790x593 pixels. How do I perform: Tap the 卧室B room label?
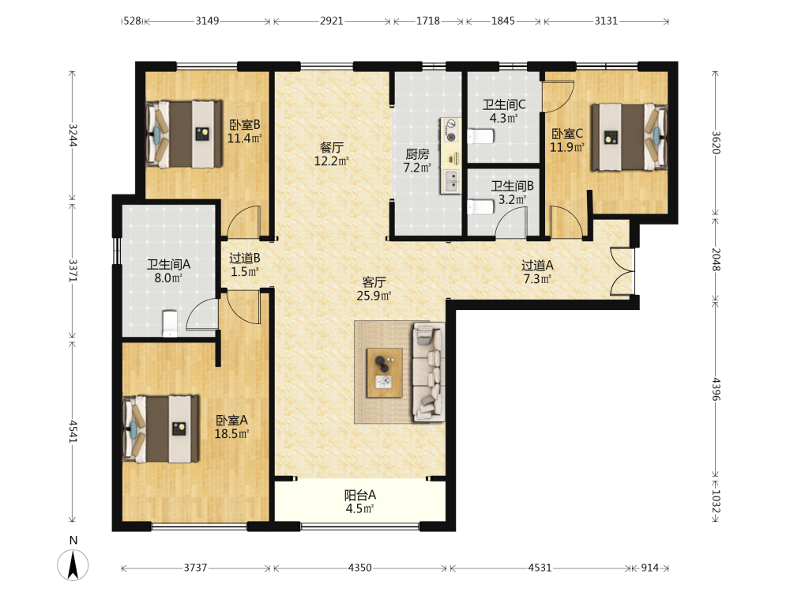click(244, 131)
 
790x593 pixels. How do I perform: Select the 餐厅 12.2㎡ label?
click(332, 154)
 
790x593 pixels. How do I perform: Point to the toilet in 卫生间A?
click(170, 323)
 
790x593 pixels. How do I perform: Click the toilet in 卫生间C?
click(480, 136)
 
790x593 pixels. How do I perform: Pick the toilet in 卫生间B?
click(480, 207)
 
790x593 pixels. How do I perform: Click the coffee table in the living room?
click(385, 372)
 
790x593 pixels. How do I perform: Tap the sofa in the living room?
click(429, 372)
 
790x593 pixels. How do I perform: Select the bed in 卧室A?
click(160, 429)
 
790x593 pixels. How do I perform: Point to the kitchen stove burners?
click(451, 130)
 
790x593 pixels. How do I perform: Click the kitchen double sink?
click(451, 181)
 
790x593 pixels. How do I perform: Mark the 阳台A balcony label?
click(359, 502)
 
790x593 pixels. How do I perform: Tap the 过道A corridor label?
click(537, 272)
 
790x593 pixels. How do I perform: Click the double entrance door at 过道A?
click(623, 271)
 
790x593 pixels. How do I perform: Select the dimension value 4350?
click(359, 568)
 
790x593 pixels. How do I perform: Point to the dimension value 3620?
click(716, 142)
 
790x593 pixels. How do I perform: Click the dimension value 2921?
click(332, 21)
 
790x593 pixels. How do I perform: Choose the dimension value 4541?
click(73, 432)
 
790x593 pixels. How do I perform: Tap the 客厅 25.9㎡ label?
click(374, 289)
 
